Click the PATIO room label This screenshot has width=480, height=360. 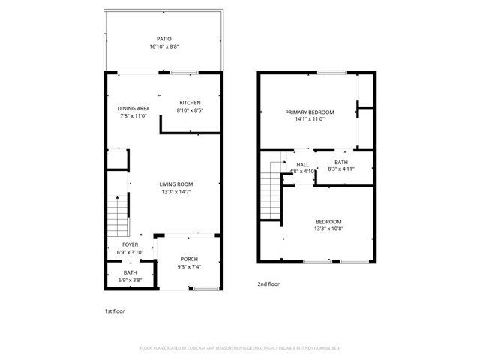[x=163, y=38]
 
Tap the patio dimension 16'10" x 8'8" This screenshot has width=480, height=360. [x=163, y=46]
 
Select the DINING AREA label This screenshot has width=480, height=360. [x=133, y=108]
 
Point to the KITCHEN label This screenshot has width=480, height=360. [x=190, y=102]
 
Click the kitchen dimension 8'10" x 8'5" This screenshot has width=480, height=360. [x=190, y=110]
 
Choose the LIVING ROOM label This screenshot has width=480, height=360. [x=176, y=184]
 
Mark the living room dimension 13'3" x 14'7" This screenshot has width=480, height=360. [x=176, y=192]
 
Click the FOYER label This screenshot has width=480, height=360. [x=130, y=244]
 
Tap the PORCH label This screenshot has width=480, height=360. [x=188, y=259]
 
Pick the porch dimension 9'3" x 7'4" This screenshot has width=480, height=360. [x=188, y=267]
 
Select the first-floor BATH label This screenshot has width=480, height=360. [x=130, y=272]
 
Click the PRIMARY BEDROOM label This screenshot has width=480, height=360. [x=309, y=112]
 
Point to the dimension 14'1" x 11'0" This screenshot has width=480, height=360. [x=309, y=119]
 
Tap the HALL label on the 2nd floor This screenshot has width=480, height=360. [x=302, y=164]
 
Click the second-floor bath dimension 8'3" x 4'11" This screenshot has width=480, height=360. [x=340, y=169]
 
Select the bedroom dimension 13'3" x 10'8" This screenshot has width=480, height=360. [x=328, y=229]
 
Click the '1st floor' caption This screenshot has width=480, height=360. [x=115, y=310]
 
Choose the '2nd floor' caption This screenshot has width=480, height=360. [x=269, y=284]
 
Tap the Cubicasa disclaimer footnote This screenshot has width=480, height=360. [x=240, y=348]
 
